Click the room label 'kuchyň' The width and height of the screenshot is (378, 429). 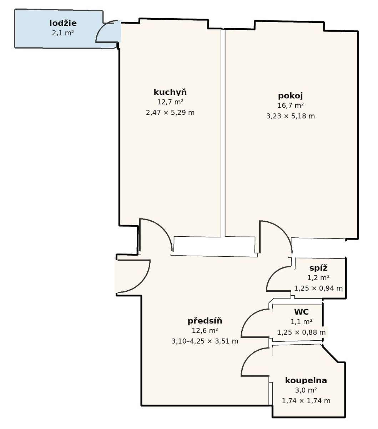click(x=170, y=92)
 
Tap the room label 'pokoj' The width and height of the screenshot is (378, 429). click(x=290, y=96)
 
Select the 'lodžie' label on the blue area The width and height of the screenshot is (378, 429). click(x=63, y=23)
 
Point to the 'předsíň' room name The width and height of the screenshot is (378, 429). click(x=205, y=321)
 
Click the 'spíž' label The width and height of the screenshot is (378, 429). click(x=318, y=268)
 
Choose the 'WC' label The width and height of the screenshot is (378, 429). click(x=301, y=312)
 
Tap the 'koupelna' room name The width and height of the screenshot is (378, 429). click(x=306, y=380)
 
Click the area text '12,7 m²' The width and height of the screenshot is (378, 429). click(x=170, y=102)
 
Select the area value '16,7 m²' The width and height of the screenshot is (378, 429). click(x=291, y=105)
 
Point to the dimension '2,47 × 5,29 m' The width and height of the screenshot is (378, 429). click(x=170, y=113)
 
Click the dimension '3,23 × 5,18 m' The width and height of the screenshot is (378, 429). click(x=291, y=116)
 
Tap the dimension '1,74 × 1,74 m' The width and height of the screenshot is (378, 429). click(x=306, y=401)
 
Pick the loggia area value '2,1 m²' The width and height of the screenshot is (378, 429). click(x=63, y=33)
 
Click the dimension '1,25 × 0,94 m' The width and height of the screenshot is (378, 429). click(x=318, y=288)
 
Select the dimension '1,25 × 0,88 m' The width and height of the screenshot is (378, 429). click(x=301, y=332)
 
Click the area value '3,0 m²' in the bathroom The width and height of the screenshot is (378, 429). click(x=306, y=390)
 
